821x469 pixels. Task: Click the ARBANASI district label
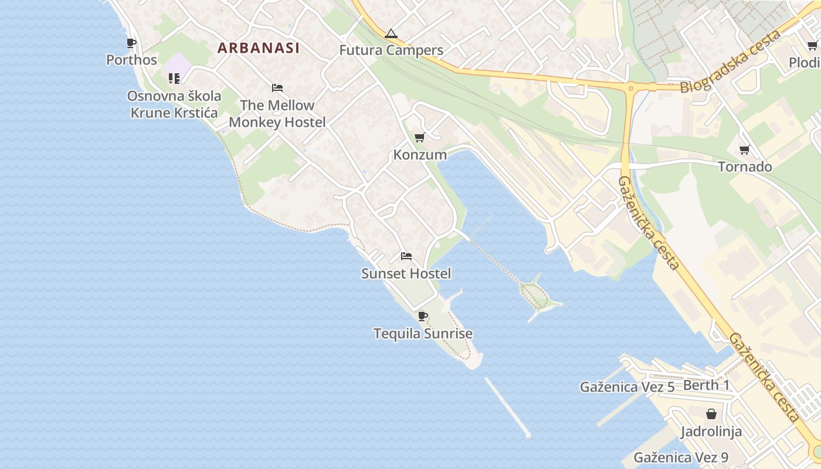pos(259,48)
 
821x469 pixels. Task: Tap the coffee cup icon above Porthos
pos(131,43)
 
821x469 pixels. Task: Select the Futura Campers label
pos(391,50)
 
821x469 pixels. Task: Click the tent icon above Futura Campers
pos(391,33)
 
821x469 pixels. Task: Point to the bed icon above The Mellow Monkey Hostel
pos(277,88)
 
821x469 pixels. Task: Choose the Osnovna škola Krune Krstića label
pos(174,104)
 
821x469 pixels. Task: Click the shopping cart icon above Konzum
pos(419,138)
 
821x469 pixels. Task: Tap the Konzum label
pos(420,155)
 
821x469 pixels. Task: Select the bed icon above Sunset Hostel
pos(406,256)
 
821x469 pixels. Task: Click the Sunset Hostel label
pos(406,273)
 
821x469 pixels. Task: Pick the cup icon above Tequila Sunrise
pos(422,317)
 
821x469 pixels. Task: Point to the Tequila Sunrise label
pos(423,334)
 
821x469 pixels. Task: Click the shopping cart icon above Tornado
pos(745,149)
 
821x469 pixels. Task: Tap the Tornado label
pos(745,167)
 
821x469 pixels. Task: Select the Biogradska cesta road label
pos(731,62)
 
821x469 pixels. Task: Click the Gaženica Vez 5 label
pos(627,387)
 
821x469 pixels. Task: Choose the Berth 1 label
pos(707,385)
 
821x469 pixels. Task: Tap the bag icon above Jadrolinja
pos(711,414)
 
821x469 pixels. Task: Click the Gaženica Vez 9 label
pos(681,457)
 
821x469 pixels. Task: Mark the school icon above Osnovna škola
pos(174,78)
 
